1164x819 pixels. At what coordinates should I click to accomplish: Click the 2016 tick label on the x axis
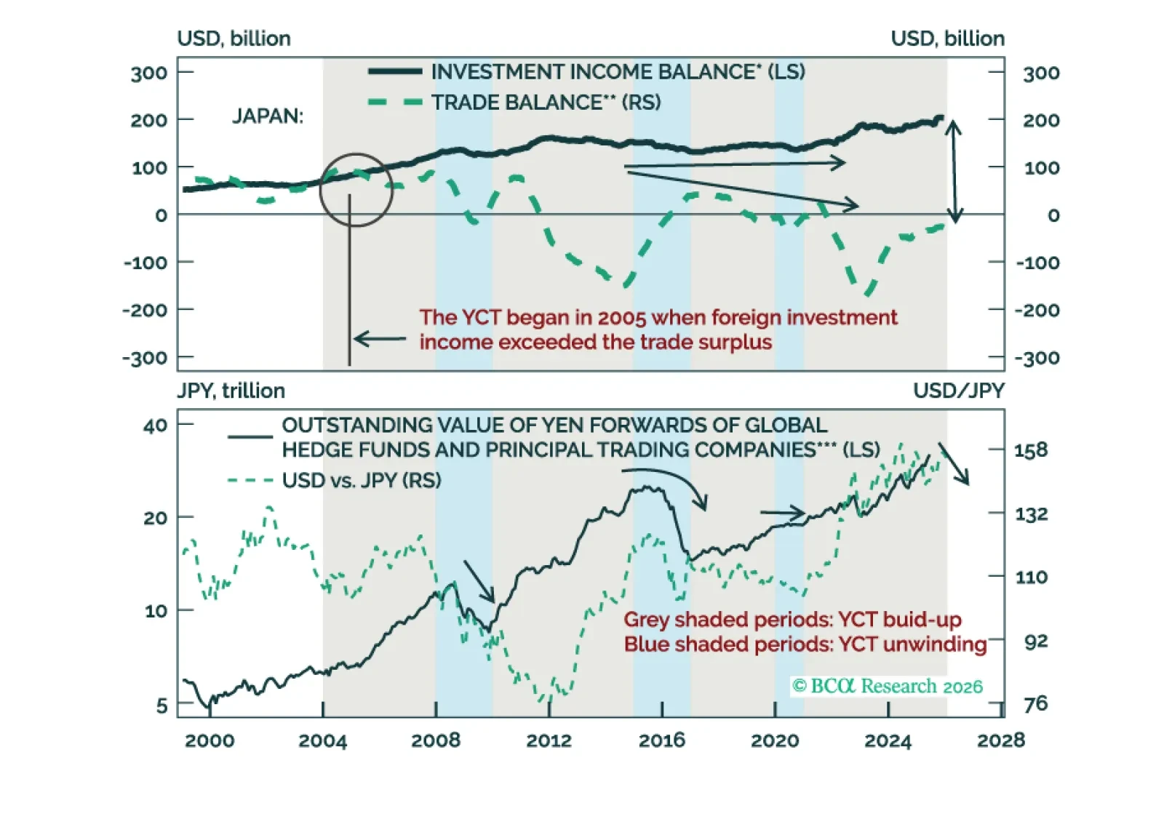pos(661,740)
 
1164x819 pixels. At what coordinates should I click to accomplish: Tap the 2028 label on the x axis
pos(1000,740)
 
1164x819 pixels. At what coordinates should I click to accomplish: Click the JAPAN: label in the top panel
pos(268,116)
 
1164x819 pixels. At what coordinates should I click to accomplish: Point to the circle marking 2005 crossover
pos(356,190)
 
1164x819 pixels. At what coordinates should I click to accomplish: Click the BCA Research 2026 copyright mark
pos(887,686)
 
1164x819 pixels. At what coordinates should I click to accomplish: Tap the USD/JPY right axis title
pos(958,391)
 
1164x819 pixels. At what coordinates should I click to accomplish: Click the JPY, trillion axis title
pos(231,391)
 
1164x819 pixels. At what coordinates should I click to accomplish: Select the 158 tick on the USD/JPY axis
pos(1031,450)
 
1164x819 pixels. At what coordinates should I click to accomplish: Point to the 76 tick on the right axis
pos(1035,703)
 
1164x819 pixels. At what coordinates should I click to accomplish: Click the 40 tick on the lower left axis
pos(155,426)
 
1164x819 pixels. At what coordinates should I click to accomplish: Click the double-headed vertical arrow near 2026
pos(954,172)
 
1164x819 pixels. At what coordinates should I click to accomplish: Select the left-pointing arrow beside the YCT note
pos(379,339)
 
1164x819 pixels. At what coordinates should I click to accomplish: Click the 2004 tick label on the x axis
pos(322,740)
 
